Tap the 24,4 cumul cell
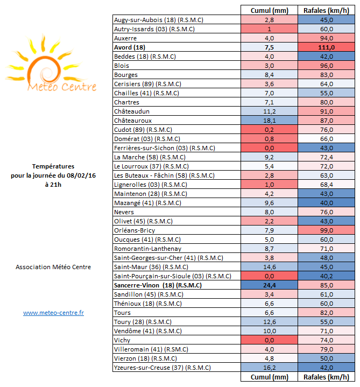tap(270, 285)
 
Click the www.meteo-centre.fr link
tap(53, 312)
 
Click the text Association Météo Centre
tap(53, 267)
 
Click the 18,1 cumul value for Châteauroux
tap(270, 121)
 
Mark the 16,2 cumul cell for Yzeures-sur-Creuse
tap(270, 368)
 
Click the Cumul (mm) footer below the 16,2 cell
tap(270, 377)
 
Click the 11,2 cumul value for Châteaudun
tap(270, 111)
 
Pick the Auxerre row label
tap(125, 38)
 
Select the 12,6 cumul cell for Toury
tap(270, 322)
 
